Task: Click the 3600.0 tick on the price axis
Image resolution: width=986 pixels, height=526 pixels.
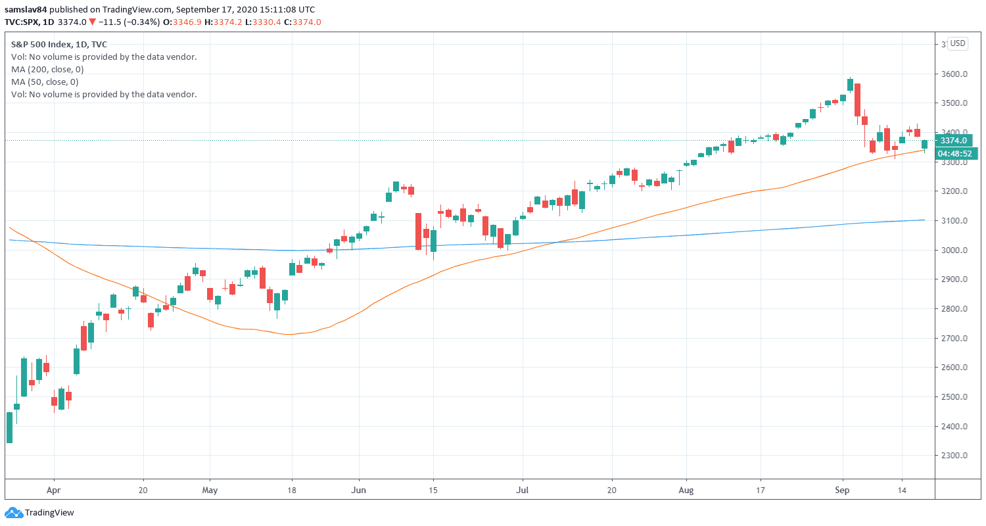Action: (954, 74)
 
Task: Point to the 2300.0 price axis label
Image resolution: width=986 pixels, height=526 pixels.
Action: (954, 456)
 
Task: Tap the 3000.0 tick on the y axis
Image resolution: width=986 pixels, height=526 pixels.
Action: (954, 251)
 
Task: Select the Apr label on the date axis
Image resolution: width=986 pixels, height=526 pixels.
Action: (54, 490)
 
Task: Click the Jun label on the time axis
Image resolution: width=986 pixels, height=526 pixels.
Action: (359, 490)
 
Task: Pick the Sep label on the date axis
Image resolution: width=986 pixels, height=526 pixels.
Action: (843, 490)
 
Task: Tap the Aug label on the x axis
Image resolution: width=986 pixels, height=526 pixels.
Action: (686, 490)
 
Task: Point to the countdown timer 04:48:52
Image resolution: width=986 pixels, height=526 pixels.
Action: (957, 153)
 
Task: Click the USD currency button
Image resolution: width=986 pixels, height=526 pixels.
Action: (958, 43)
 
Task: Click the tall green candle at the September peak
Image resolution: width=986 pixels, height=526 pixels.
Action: (851, 85)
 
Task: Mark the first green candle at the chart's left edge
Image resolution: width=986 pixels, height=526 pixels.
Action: (9, 427)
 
